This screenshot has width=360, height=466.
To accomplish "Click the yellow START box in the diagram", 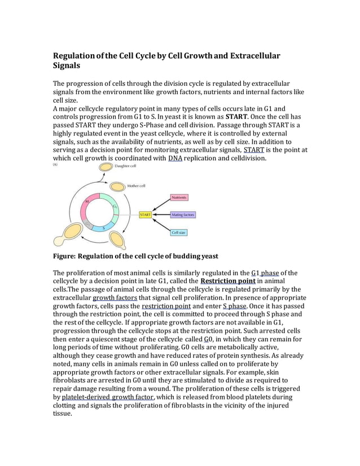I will click(146, 215).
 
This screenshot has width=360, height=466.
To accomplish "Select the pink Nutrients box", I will click(179, 198).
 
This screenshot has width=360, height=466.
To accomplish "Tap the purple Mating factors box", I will click(183, 215).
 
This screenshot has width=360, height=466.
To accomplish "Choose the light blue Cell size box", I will click(179, 232).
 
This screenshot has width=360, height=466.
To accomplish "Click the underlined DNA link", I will click(174, 159).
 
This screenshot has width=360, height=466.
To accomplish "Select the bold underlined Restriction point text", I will click(228, 281).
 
